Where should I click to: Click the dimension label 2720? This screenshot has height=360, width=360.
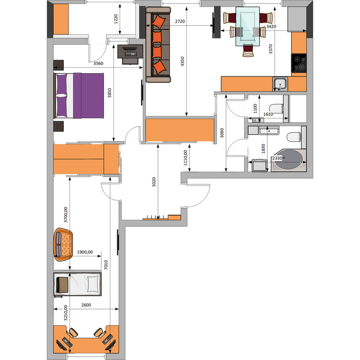tap(180, 22)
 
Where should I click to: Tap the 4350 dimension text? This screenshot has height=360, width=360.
tap(182, 61)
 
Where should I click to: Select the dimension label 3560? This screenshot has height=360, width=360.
tap(98, 63)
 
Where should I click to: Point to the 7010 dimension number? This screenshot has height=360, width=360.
tap(106, 265)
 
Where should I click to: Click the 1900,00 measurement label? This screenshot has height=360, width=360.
tap(85, 252)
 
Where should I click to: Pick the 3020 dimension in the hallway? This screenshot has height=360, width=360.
tap(154, 182)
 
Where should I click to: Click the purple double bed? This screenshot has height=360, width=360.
tap(79, 96)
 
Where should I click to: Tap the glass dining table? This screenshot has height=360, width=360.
tap(248, 26)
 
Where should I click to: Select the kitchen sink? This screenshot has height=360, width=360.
tap(280, 84)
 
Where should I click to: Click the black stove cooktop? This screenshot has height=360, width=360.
tap(299, 63)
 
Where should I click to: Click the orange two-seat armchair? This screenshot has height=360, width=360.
tap(63, 244)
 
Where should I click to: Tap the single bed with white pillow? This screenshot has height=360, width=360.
tap(77, 284)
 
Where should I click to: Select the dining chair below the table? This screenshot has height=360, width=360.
tap(248, 50)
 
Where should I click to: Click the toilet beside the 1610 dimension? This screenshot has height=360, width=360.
tap(276, 108)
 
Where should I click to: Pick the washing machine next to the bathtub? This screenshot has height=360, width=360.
tap(259, 165)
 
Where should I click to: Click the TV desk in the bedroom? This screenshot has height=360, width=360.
tap(130, 54)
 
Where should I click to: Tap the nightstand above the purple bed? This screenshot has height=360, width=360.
tap(59, 65)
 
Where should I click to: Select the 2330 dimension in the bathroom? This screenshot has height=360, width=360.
tap(277, 158)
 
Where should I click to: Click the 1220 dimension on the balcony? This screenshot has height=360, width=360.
tap(116, 19)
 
